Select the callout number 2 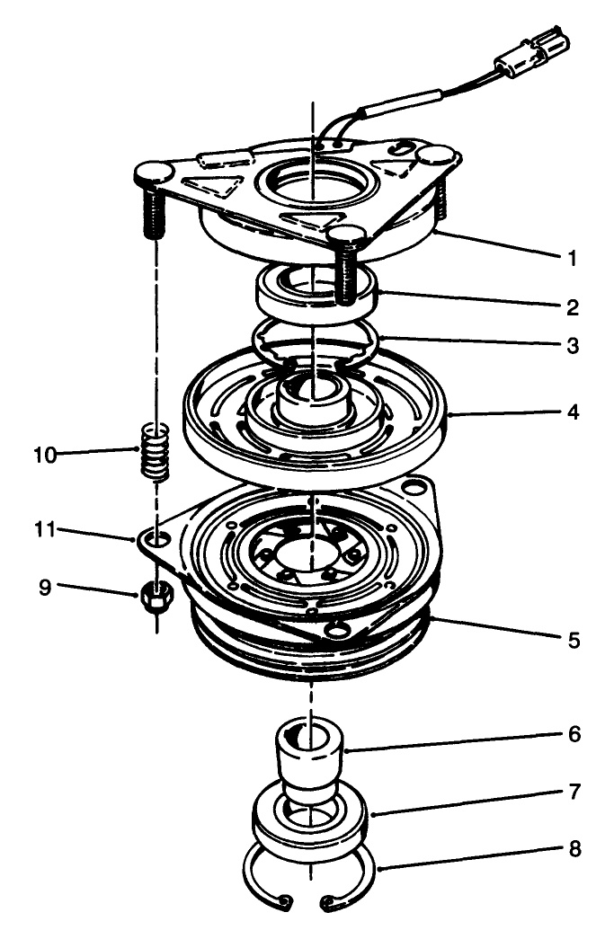[571, 307]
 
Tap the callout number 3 [571, 346]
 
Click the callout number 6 [571, 734]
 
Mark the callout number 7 [571, 793]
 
